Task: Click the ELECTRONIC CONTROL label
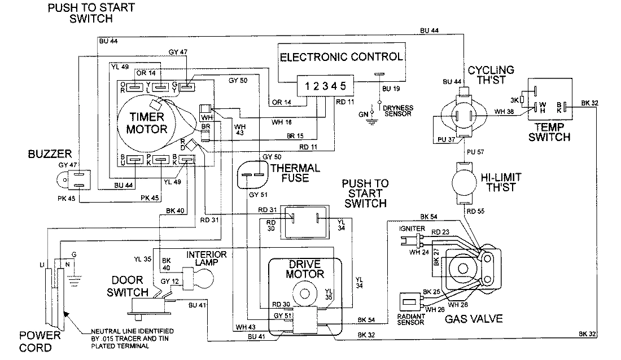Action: pyautogui.click(x=342, y=57)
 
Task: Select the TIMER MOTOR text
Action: pyautogui.click(x=147, y=122)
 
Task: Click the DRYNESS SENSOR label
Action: pyautogui.click(x=398, y=111)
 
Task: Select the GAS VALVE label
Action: pyautogui.click(x=474, y=319)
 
